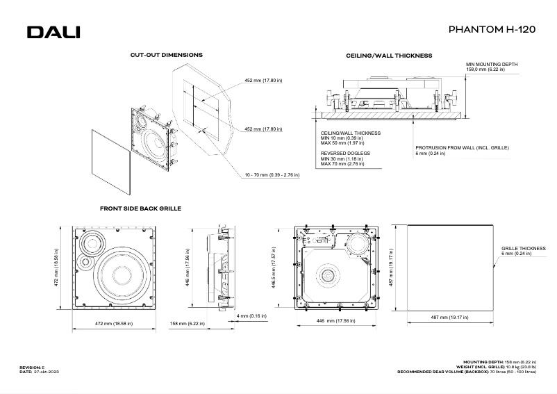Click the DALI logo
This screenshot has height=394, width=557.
53,33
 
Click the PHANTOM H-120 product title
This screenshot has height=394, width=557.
492,31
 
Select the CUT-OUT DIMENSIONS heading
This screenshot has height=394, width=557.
166,54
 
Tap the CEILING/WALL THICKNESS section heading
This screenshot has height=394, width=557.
389,55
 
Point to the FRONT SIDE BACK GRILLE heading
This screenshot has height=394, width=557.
140,208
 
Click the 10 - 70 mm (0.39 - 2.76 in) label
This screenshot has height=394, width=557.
272,175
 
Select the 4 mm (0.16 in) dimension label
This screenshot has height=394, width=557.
253,317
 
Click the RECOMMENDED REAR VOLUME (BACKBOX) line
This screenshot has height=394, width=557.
467,372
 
